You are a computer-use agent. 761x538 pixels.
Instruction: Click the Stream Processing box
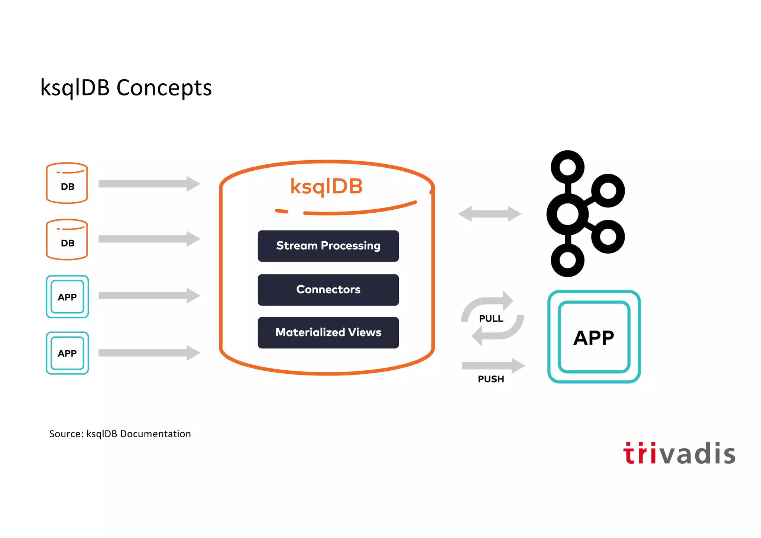(x=328, y=246)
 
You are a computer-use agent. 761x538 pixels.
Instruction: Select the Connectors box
(x=328, y=290)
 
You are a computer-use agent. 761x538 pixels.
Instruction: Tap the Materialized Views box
(x=328, y=332)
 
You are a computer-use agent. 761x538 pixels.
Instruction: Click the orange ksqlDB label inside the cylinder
(x=326, y=187)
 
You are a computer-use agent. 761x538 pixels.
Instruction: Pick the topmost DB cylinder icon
(x=67, y=183)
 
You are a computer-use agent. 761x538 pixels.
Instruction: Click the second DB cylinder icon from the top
(x=67, y=239)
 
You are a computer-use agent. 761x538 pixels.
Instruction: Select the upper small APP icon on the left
(x=67, y=297)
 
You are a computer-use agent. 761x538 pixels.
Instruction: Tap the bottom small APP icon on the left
(x=67, y=353)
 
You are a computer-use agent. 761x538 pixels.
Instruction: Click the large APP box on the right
(x=594, y=337)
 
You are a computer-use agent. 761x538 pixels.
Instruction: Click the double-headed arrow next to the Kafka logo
(x=490, y=214)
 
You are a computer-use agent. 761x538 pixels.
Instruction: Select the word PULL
(x=491, y=319)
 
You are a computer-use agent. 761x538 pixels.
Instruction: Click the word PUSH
(x=491, y=379)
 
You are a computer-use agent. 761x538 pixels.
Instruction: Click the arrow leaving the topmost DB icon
(x=149, y=184)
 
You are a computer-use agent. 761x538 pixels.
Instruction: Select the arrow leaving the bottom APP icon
(x=149, y=353)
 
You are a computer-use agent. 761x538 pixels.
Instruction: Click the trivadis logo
(x=679, y=454)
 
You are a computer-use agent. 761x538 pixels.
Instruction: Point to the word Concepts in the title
(x=164, y=88)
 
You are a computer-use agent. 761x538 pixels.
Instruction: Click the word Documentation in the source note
(x=155, y=434)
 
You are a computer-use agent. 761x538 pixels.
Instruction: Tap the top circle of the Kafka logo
(x=567, y=167)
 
